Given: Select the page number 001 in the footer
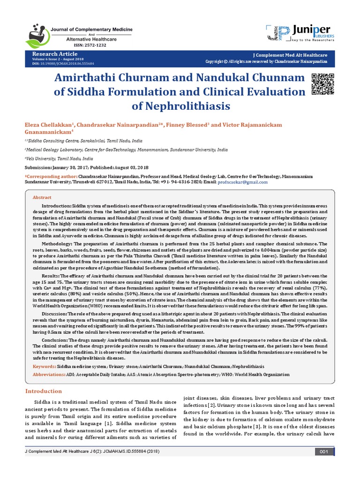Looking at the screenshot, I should tap(323, 464).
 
